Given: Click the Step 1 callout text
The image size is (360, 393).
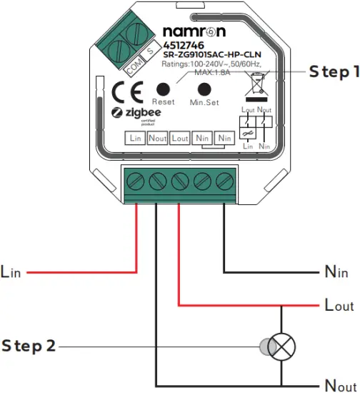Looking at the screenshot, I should click(333, 72).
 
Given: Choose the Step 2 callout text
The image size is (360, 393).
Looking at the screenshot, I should click(29, 347).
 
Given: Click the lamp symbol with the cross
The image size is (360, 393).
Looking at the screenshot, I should click(281, 347).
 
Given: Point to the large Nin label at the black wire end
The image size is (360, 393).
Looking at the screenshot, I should click(336, 272).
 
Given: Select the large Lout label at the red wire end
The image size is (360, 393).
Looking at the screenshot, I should click(339, 305).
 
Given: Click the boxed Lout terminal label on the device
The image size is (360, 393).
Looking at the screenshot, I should click(180, 137).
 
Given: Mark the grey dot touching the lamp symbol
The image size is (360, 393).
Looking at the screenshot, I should click(265, 347).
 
